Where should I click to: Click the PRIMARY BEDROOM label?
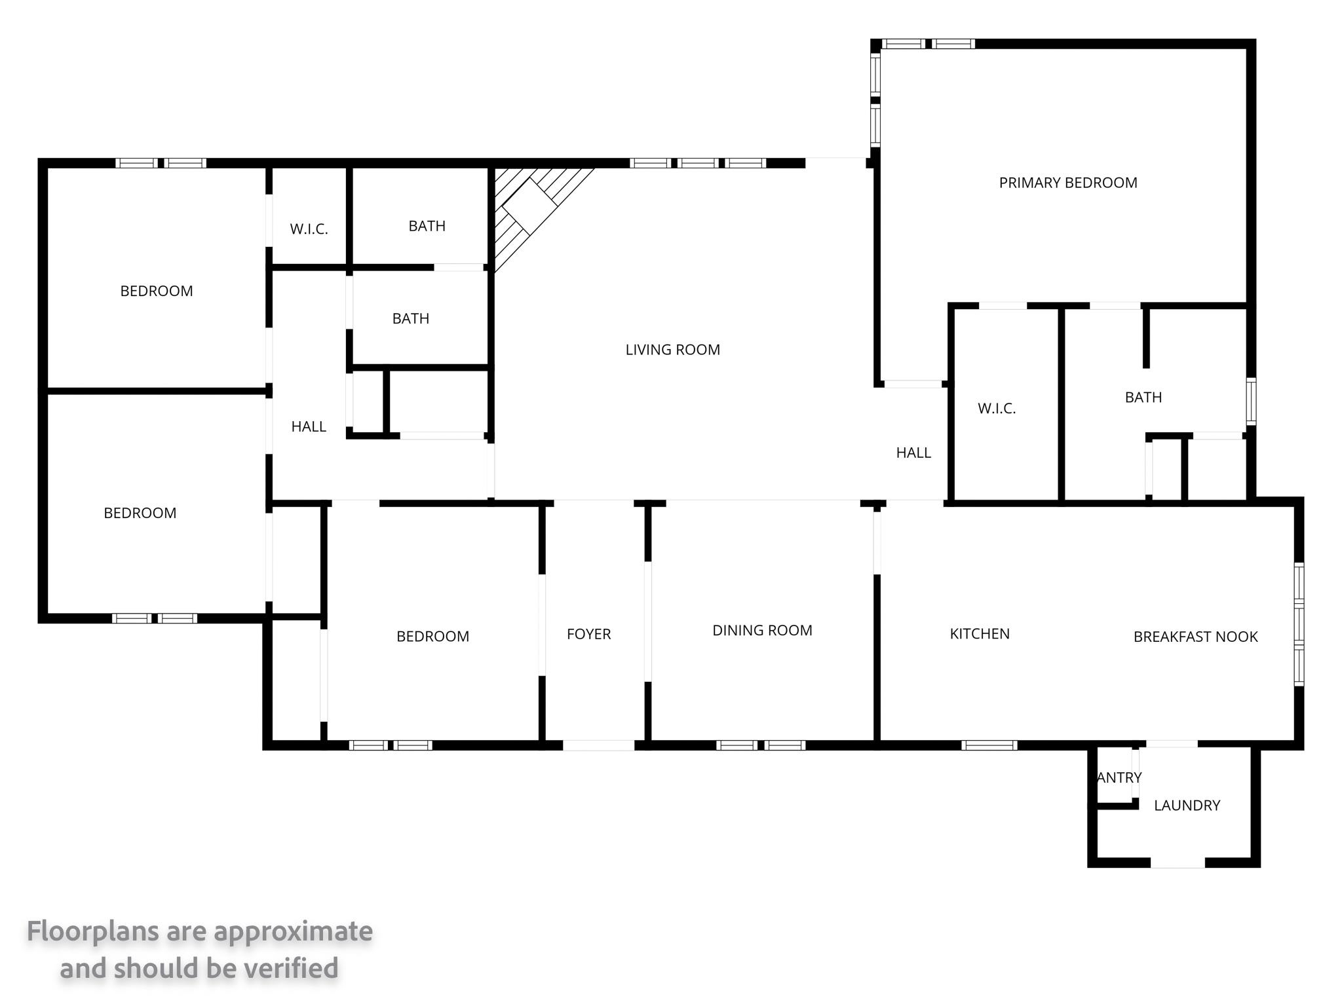(1067, 183)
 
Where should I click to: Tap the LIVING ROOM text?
(672, 350)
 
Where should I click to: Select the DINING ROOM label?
(762, 630)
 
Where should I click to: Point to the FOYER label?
(588, 634)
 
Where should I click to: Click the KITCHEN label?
(980, 633)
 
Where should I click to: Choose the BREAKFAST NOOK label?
(1195, 637)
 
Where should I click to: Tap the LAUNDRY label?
(1187, 806)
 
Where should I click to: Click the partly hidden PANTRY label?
(1119, 777)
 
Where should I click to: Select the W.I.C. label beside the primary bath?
(997, 409)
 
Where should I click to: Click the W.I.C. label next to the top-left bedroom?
(309, 229)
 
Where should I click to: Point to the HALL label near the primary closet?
(913, 453)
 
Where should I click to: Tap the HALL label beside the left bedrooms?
(309, 426)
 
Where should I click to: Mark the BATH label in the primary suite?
(1143, 397)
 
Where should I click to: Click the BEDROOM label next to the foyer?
(432, 637)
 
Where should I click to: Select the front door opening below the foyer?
(598, 745)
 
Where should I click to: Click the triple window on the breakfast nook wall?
(1299, 624)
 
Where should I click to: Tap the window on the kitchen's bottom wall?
(989, 745)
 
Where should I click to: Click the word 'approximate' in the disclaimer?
(293, 932)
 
